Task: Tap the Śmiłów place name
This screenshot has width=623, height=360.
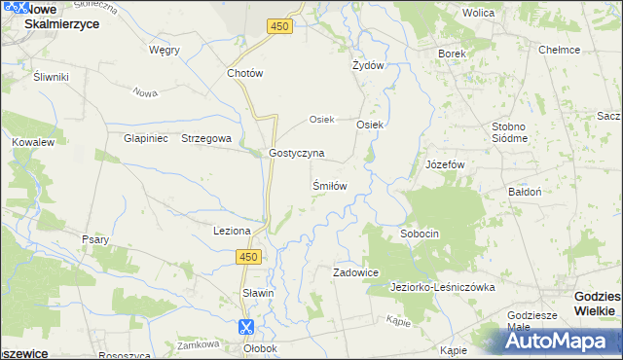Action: click(x=329, y=185)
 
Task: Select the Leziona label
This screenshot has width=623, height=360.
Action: click(x=233, y=231)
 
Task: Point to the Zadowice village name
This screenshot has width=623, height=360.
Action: click(x=355, y=273)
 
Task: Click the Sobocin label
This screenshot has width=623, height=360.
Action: click(x=421, y=234)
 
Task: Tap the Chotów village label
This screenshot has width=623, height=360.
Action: click(x=245, y=73)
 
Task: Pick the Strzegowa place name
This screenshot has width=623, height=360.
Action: click(x=206, y=138)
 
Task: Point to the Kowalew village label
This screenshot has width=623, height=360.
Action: click(x=32, y=142)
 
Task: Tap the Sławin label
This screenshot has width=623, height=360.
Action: click(x=258, y=293)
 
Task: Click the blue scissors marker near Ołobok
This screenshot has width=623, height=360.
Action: click(x=246, y=328)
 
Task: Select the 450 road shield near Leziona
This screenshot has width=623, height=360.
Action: click(x=248, y=256)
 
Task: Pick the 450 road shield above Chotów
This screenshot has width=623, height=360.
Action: click(x=280, y=27)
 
